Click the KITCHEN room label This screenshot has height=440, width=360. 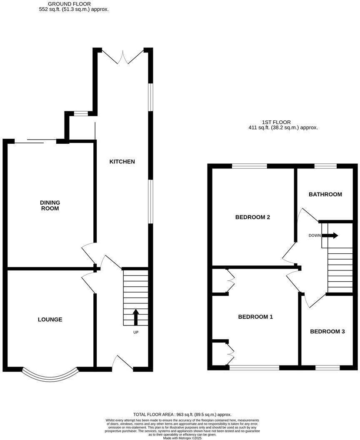[122, 162]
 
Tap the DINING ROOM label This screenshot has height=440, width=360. [50, 205]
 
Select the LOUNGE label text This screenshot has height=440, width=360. [50, 320]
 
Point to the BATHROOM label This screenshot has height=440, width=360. [325, 194]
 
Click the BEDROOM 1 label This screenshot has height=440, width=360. [255, 317]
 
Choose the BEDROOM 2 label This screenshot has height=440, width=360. [252, 217]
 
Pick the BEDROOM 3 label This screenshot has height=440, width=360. [327, 332]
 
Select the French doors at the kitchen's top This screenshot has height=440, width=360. [123, 57]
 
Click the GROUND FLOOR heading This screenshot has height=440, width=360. [69, 4]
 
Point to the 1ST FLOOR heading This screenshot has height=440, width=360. [277, 122]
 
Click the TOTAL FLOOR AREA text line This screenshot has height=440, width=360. [182, 415]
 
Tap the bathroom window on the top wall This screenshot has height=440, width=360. [325, 166]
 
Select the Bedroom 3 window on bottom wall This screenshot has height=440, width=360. [327, 368]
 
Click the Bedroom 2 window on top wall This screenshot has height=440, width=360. [249, 166]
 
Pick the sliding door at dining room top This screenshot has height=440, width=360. [35, 142]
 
